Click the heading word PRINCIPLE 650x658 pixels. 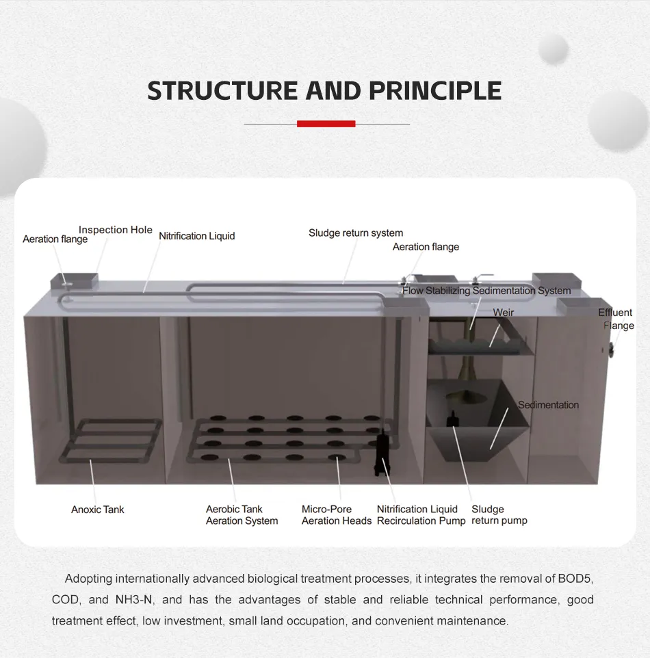click(x=437, y=91)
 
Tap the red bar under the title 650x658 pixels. click(x=326, y=124)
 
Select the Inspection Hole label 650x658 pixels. click(x=116, y=230)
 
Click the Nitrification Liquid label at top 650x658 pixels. click(x=196, y=236)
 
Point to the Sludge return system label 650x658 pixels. click(x=356, y=233)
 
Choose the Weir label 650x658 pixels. click(x=503, y=313)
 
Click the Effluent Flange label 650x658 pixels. click(x=615, y=319)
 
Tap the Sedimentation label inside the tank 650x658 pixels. click(x=548, y=405)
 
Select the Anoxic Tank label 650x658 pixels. click(x=98, y=510)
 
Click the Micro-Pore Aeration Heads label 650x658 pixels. click(x=336, y=515)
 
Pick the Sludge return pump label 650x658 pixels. click(x=499, y=515)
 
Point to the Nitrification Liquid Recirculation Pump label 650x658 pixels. click(x=420, y=515)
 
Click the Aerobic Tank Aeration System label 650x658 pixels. click(x=242, y=515)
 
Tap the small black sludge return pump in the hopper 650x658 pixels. click(x=452, y=419)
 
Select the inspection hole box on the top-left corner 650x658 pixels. click(x=75, y=280)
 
